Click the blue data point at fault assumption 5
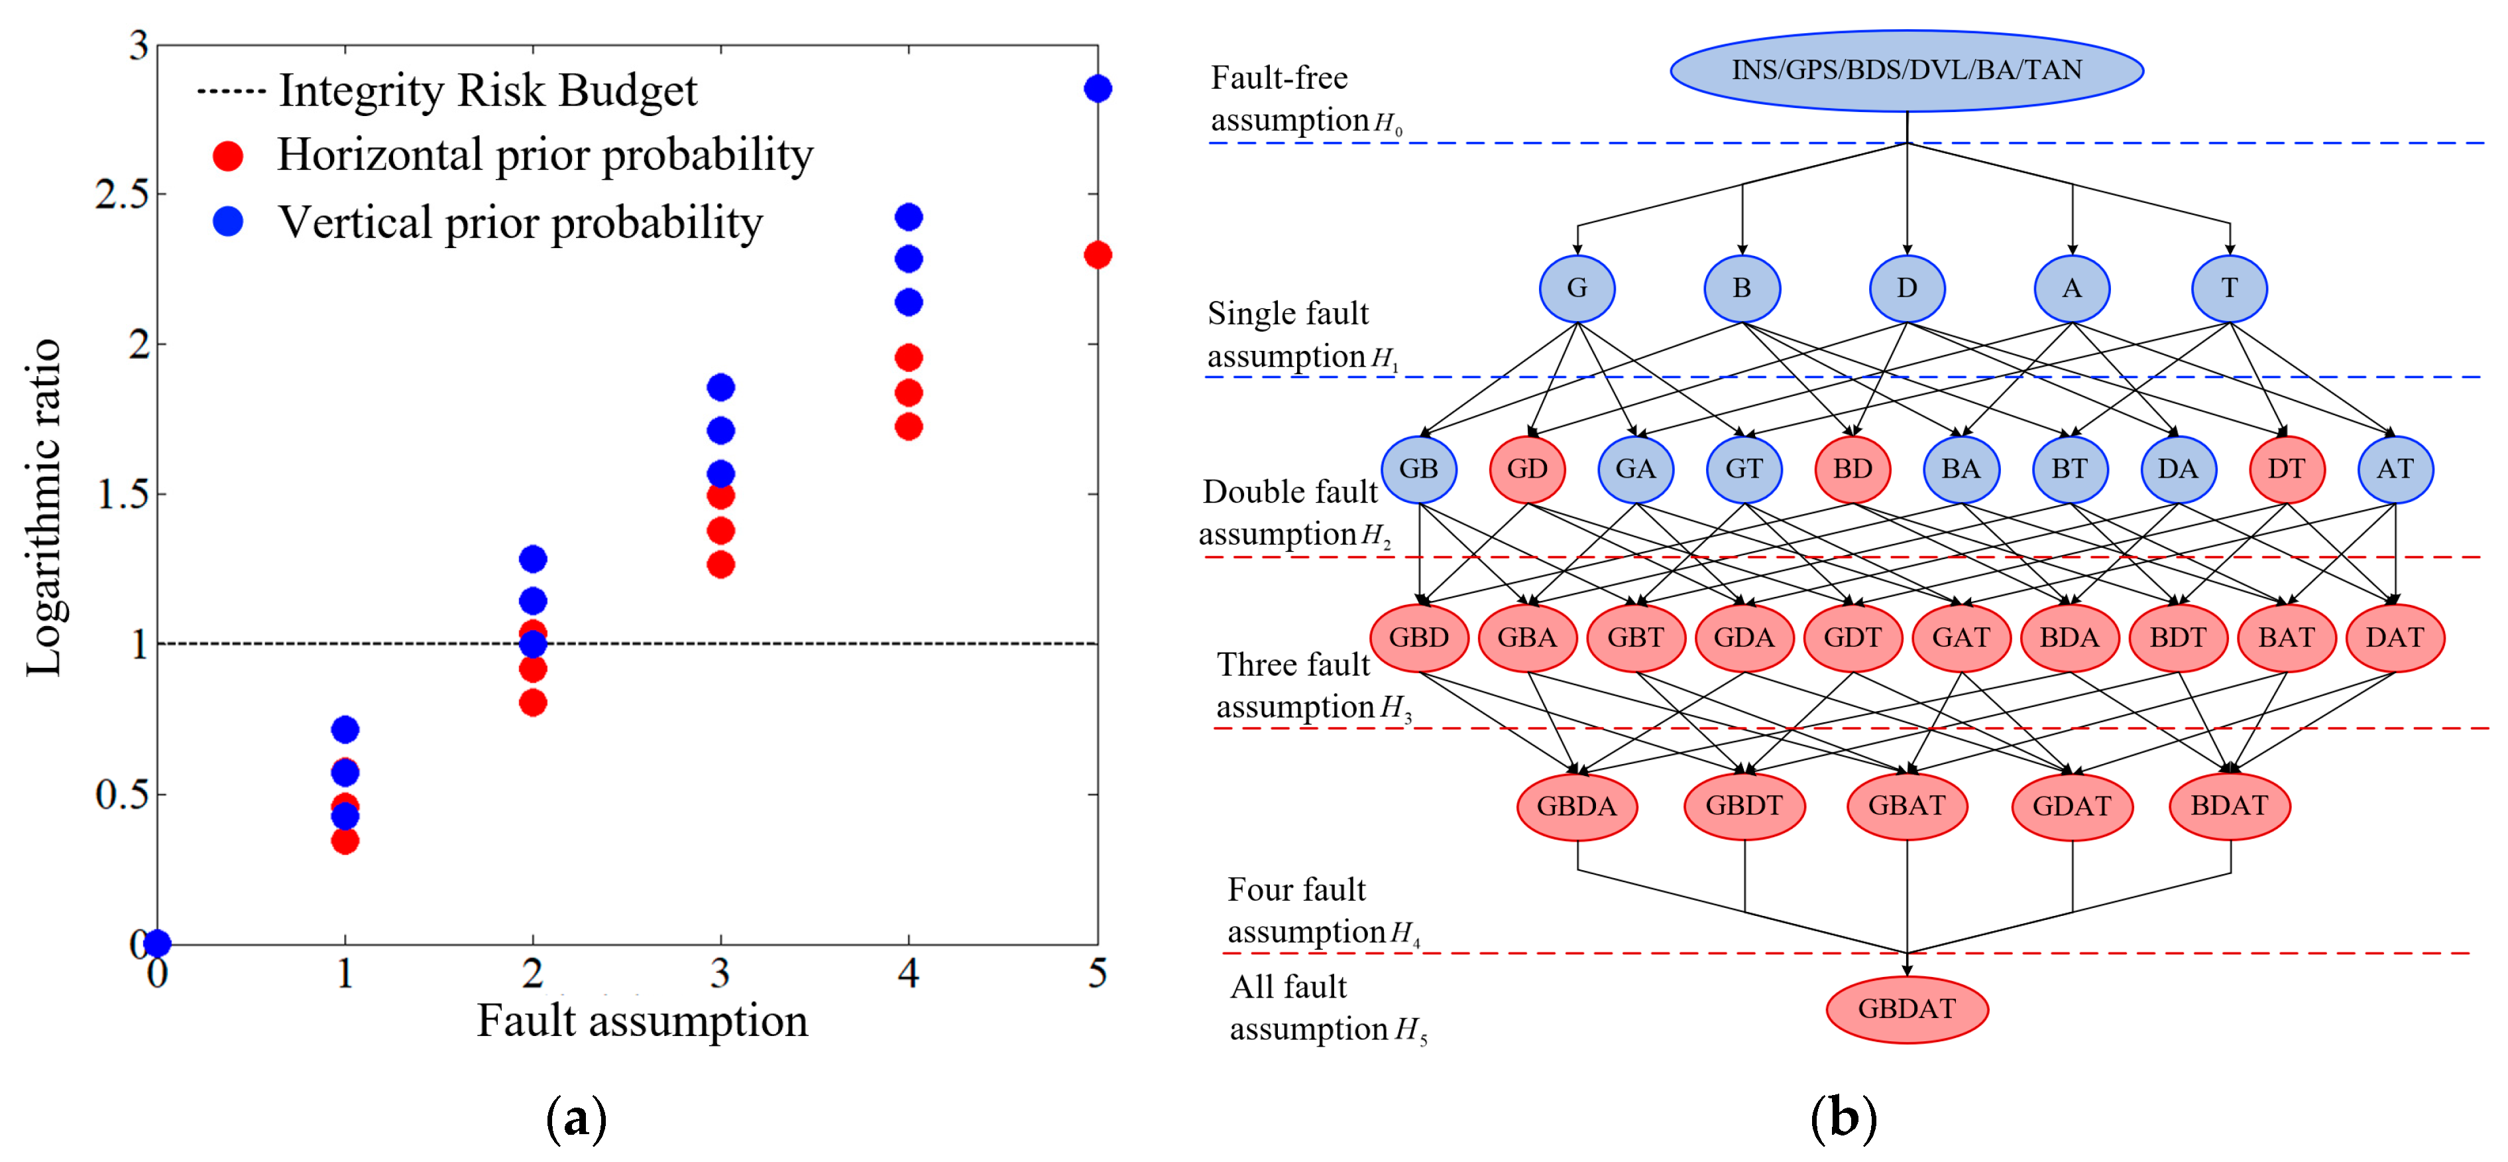pyautogui.click(x=1098, y=89)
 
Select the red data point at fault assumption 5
pyautogui.click(x=1098, y=255)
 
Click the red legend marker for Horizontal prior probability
pyautogui.click(x=228, y=156)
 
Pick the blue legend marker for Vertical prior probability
pyautogui.click(x=228, y=222)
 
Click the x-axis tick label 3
pyautogui.click(x=720, y=973)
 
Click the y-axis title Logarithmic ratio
pyautogui.click(x=43, y=507)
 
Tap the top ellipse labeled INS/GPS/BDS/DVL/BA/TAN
pyautogui.click(x=1906, y=70)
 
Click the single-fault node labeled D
pyautogui.click(x=1906, y=289)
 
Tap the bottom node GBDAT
pyautogui.click(x=1906, y=1008)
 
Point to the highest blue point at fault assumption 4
pyautogui.click(x=909, y=216)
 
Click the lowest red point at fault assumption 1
pyautogui.click(x=345, y=840)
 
